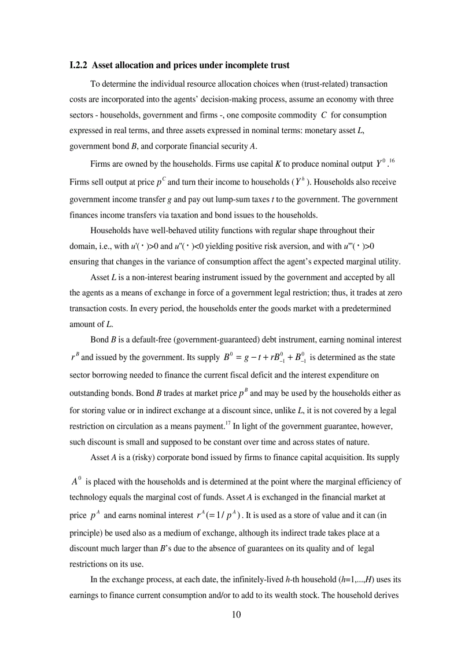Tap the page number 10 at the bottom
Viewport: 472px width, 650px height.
(x=236, y=614)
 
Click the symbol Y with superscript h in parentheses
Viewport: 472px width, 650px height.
(x=300, y=182)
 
